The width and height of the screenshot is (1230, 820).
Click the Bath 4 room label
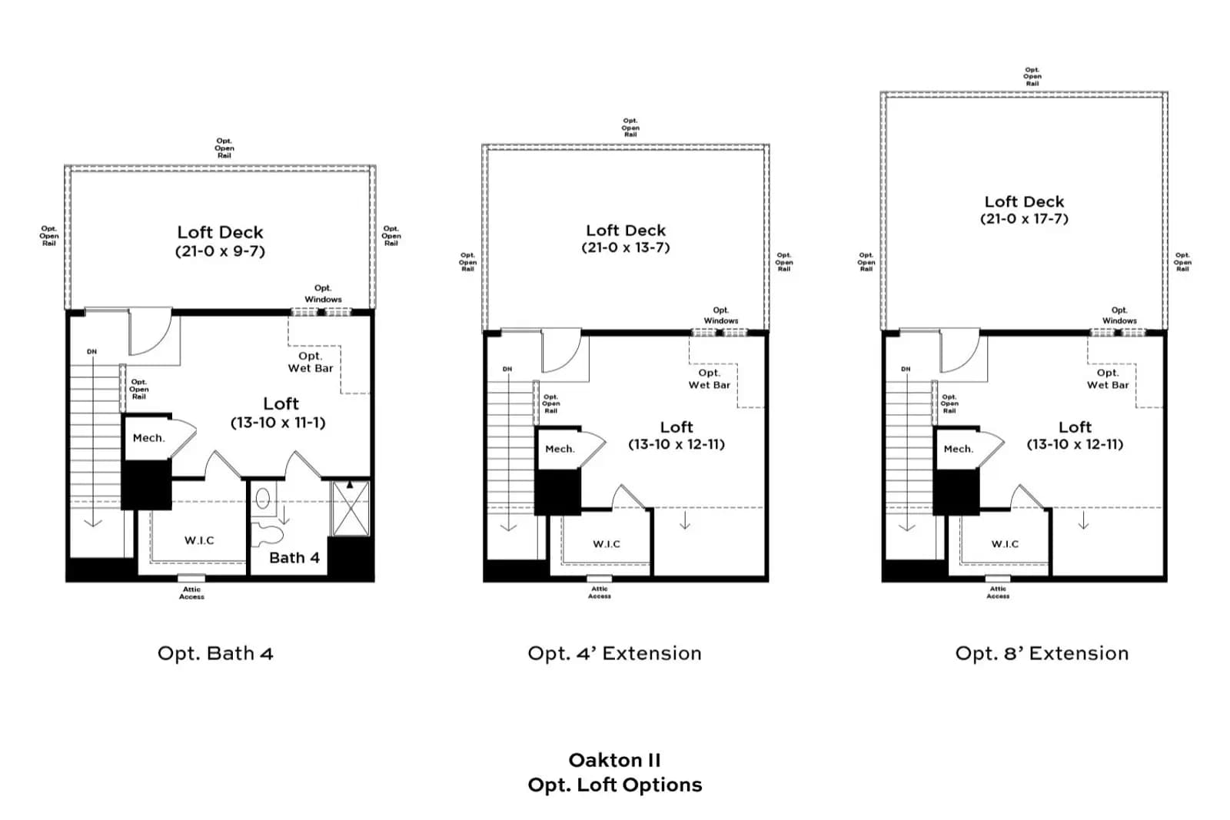294,558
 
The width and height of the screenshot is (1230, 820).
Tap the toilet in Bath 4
267,535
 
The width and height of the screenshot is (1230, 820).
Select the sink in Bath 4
263,498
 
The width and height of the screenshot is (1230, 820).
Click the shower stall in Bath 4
351,508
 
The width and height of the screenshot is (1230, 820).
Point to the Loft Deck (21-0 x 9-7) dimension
220,251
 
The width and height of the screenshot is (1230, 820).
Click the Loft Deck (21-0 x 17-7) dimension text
1024,219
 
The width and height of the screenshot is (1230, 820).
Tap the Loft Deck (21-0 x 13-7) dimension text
626,247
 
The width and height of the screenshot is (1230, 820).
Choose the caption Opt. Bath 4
215,653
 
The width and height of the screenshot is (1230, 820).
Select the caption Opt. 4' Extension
614,653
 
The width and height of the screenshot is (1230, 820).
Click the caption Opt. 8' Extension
1042,653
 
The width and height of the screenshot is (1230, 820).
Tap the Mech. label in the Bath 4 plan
149,438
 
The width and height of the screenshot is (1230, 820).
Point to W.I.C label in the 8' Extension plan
1005,544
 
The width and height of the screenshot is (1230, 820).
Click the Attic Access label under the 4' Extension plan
599,593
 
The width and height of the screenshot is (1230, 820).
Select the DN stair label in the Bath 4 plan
91,352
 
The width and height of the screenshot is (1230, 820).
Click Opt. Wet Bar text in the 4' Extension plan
710,380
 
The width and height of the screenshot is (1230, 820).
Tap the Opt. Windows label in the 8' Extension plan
1119,316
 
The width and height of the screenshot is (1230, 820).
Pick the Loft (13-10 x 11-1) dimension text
278,423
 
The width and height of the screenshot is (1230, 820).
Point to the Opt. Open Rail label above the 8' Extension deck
1032,77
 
